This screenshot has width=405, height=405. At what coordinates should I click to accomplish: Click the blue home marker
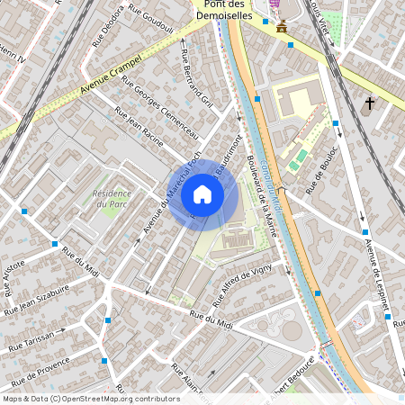click(x=202, y=194)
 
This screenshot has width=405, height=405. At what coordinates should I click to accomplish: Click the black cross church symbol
click(x=369, y=104)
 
